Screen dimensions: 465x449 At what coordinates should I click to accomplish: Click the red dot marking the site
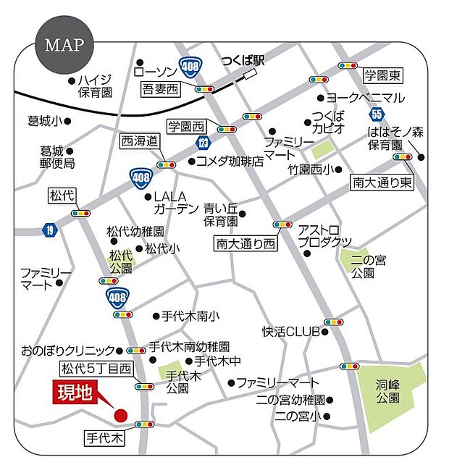coord(121,415)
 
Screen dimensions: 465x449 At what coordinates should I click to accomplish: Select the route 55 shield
coord(375,113)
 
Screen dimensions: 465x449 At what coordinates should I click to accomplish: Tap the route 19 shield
coord(49,230)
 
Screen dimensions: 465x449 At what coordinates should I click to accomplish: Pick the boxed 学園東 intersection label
coord(383,75)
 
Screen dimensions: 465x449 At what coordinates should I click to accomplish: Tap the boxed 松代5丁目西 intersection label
coord(96,369)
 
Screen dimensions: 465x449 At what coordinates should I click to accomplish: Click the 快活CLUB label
coord(291,332)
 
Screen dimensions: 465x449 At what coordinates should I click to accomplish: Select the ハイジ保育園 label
coord(96,86)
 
